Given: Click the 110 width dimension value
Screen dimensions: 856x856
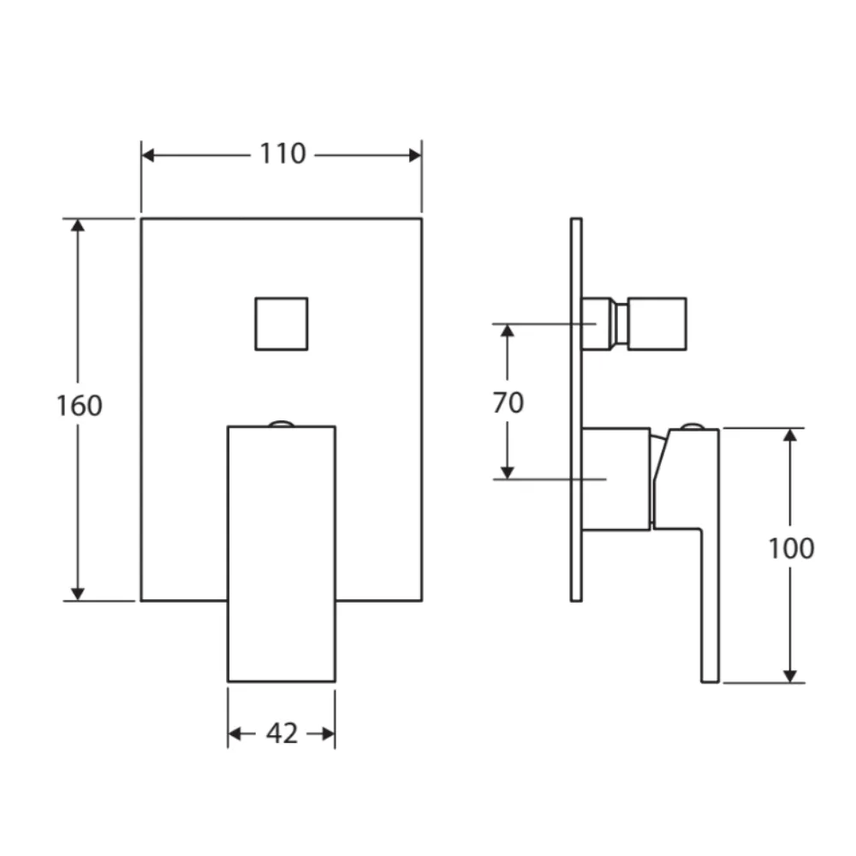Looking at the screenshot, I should tap(282, 154).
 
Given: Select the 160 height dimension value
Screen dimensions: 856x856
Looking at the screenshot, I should tap(79, 405).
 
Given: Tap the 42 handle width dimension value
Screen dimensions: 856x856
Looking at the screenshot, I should tap(282, 734).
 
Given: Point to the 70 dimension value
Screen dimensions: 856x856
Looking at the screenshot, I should tap(508, 401).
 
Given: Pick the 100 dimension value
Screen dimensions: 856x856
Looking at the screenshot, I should tap(790, 549).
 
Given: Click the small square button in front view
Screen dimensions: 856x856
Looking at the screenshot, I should tap(281, 324).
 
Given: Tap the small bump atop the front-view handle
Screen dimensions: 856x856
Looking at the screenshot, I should tap(281, 423).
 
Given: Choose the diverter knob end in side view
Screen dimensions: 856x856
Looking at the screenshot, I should tap(657, 324).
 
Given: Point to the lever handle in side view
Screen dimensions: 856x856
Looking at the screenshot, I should tap(707, 556).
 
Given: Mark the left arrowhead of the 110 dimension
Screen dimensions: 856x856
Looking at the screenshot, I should tap(148, 155).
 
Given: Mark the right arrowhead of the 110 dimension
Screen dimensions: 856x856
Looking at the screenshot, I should tap(415, 155).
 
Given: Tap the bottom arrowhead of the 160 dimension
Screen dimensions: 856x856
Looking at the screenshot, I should tap(79, 593).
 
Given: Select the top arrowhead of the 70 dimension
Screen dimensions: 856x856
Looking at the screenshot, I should tap(508, 331).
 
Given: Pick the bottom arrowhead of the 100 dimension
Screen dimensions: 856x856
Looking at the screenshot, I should tap(790, 675).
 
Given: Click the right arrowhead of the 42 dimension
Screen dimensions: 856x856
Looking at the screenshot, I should tap(327, 734).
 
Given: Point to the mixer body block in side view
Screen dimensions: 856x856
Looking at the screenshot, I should tap(615, 478).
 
